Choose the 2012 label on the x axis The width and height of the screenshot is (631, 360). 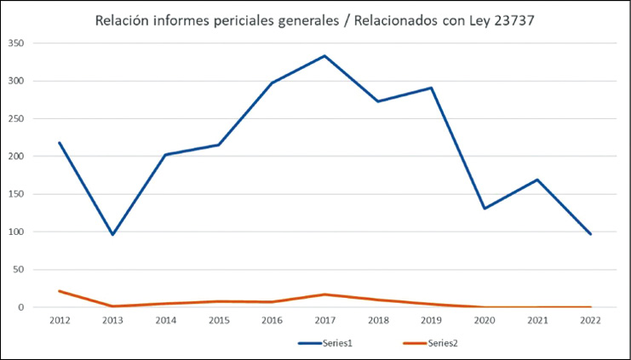[x=60, y=321]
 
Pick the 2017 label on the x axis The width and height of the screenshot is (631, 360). [x=325, y=321]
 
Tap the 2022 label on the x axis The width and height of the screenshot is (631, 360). [x=591, y=321]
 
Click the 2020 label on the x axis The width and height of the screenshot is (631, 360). [x=485, y=321]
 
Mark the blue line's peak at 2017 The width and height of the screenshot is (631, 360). [x=325, y=56]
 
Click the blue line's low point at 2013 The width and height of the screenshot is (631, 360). [x=112, y=234]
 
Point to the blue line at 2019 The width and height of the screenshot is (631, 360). [x=432, y=88]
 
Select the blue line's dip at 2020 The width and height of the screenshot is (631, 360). [x=485, y=209]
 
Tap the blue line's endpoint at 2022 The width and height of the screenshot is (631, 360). [x=591, y=234]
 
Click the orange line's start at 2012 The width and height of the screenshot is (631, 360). [x=60, y=291]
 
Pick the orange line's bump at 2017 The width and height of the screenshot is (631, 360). [x=325, y=294]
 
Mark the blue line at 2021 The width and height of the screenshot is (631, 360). [x=537, y=180]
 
